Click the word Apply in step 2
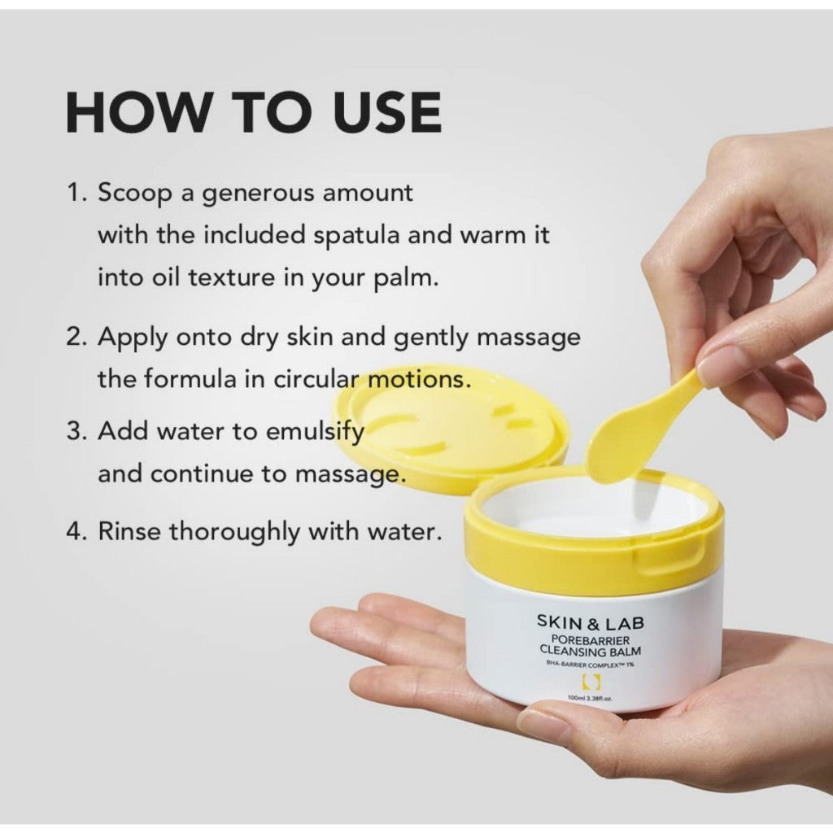pyautogui.click(x=129, y=337)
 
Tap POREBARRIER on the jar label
pyautogui.click(x=591, y=639)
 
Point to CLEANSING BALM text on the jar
pyautogui.click(x=591, y=651)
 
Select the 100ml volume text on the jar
pyautogui.click(x=579, y=698)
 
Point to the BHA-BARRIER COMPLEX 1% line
pyautogui.click(x=591, y=665)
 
